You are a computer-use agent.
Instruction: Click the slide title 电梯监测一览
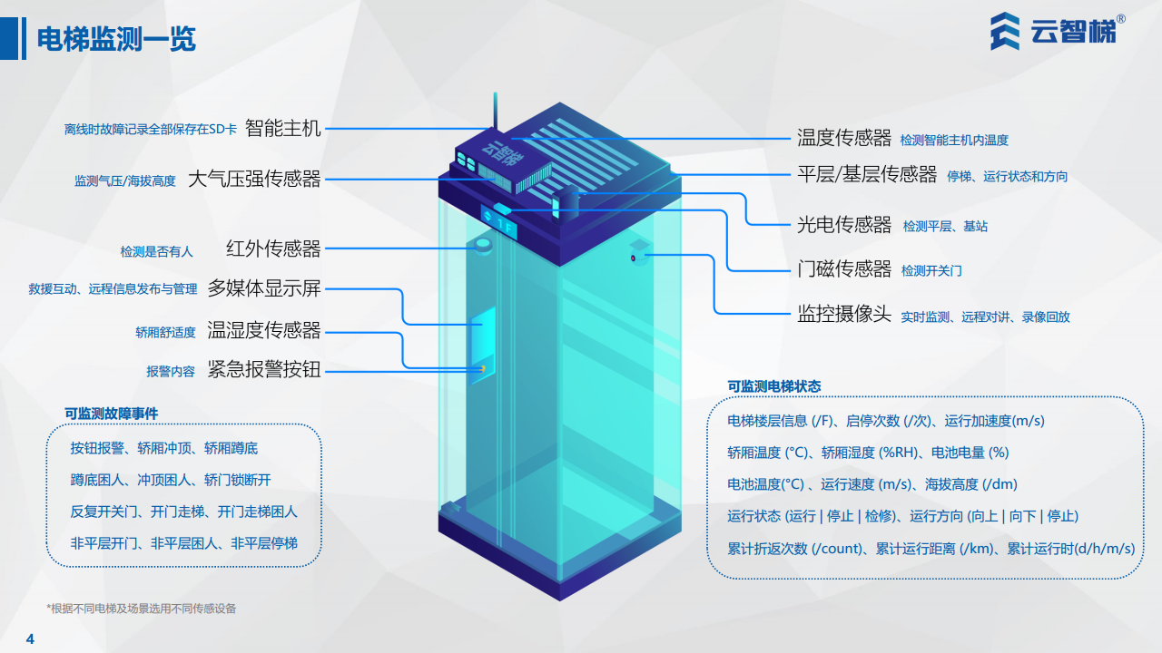[x=116, y=40]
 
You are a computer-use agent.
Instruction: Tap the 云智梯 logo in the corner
[x=1059, y=34]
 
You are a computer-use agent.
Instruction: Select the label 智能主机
[x=283, y=129]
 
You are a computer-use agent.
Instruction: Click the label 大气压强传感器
[x=254, y=179]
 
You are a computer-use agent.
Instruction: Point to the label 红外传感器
[x=273, y=249]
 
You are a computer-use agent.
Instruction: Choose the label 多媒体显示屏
[x=264, y=288]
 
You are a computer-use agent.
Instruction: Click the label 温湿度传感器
[x=264, y=330]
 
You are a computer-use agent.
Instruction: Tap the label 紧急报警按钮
[x=264, y=369]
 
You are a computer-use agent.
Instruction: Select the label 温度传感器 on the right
[x=844, y=138]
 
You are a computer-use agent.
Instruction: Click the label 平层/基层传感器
[x=866, y=174]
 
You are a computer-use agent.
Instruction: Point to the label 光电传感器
[x=844, y=224]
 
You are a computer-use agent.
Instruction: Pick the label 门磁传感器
[x=844, y=268]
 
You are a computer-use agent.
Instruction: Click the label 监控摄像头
[x=844, y=315]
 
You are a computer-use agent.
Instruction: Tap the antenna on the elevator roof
[x=495, y=113]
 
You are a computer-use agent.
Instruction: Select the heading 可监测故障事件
[x=111, y=414]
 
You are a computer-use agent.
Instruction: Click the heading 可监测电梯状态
[x=773, y=386]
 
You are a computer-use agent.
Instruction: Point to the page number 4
[x=30, y=638]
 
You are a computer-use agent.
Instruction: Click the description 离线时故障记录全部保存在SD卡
[x=150, y=130]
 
